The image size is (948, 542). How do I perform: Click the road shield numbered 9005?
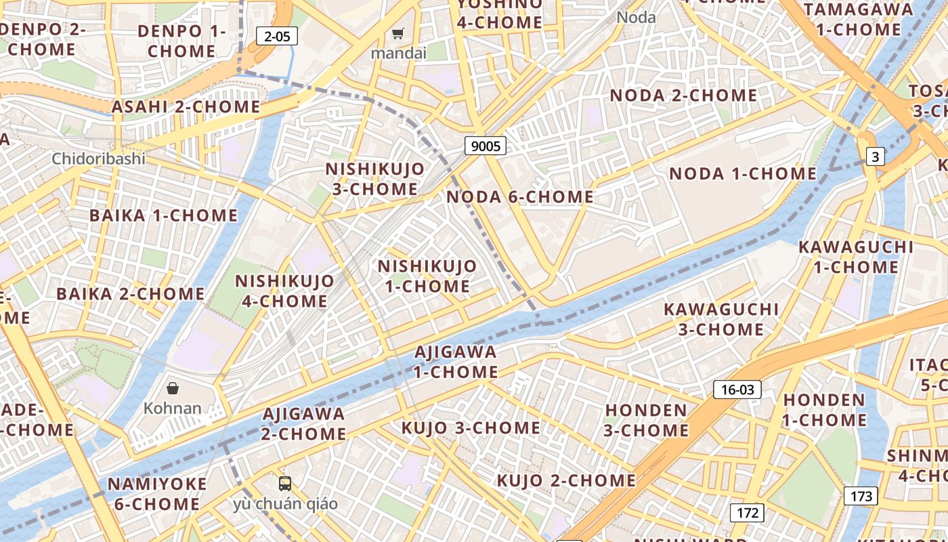point(486,146)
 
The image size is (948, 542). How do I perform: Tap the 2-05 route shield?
point(277,36)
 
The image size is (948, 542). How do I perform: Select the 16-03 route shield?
point(737,390)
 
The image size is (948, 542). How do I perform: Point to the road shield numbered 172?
point(747,513)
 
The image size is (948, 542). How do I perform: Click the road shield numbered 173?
point(861,496)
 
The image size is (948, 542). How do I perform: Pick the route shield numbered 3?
point(876,157)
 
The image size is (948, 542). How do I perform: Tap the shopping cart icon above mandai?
point(398,33)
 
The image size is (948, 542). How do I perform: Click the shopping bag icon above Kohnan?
point(173,388)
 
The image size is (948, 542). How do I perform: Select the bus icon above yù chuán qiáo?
point(285,484)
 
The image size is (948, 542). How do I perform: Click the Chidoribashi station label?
point(99,159)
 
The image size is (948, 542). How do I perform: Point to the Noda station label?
point(636,17)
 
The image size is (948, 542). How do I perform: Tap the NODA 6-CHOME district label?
point(520,197)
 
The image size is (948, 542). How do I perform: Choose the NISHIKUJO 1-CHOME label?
point(427,276)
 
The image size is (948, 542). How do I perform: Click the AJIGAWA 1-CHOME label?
point(456,362)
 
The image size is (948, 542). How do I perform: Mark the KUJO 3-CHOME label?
point(471,428)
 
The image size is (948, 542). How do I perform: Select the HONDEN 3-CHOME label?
point(646,420)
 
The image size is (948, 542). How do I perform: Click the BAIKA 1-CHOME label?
point(164,215)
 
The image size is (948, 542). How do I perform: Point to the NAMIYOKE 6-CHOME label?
point(156,494)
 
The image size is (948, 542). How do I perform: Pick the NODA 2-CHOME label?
point(683,96)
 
